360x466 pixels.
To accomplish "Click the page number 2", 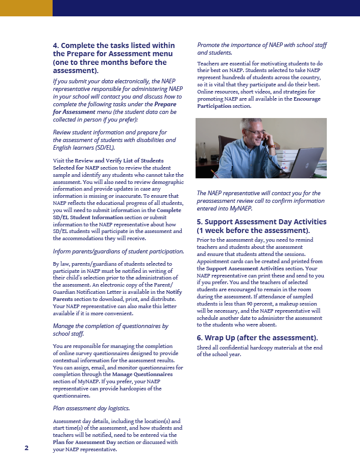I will coord(27,448).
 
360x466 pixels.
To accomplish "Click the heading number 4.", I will coord(56,45).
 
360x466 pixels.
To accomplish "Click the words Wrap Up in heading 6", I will coord(223,338).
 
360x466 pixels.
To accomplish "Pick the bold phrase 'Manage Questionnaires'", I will coord(142,374).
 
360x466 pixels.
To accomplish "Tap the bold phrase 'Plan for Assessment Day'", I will coord(84,442).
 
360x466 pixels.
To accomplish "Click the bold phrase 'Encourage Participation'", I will coord(259,102).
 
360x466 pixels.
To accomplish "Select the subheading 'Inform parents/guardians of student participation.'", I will coord(118,251).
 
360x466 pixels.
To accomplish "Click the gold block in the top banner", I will coord(26,8).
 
